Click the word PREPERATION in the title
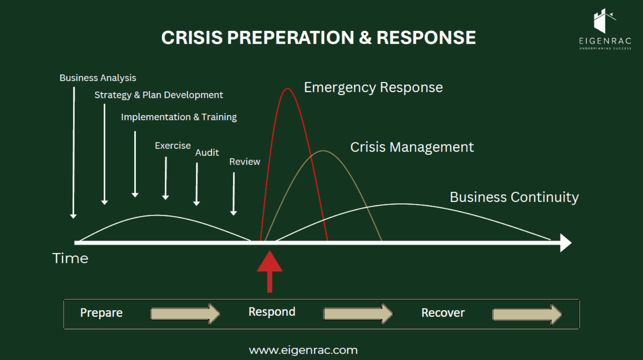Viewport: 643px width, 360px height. click(x=291, y=38)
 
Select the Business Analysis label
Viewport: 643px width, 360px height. click(x=98, y=78)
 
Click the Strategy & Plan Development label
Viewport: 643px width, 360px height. click(x=159, y=95)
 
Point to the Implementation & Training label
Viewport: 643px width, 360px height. click(x=179, y=117)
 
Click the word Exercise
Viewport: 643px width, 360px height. click(x=173, y=146)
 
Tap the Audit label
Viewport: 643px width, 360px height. click(x=207, y=153)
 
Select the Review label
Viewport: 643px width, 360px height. click(x=244, y=162)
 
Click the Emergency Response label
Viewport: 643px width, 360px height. click(x=373, y=87)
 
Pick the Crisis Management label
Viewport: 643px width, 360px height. click(x=412, y=147)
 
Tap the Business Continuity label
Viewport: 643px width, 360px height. click(x=514, y=197)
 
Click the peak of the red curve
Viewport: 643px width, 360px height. click(x=287, y=89)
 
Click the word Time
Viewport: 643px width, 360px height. click(x=70, y=258)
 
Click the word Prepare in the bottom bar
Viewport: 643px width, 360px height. click(x=101, y=313)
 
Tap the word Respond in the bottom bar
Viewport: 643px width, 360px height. click(x=272, y=312)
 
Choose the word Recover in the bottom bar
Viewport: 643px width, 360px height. click(x=443, y=313)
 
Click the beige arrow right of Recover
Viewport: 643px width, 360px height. click(x=527, y=314)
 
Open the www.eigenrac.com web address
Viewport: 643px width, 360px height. click(x=303, y=350)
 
